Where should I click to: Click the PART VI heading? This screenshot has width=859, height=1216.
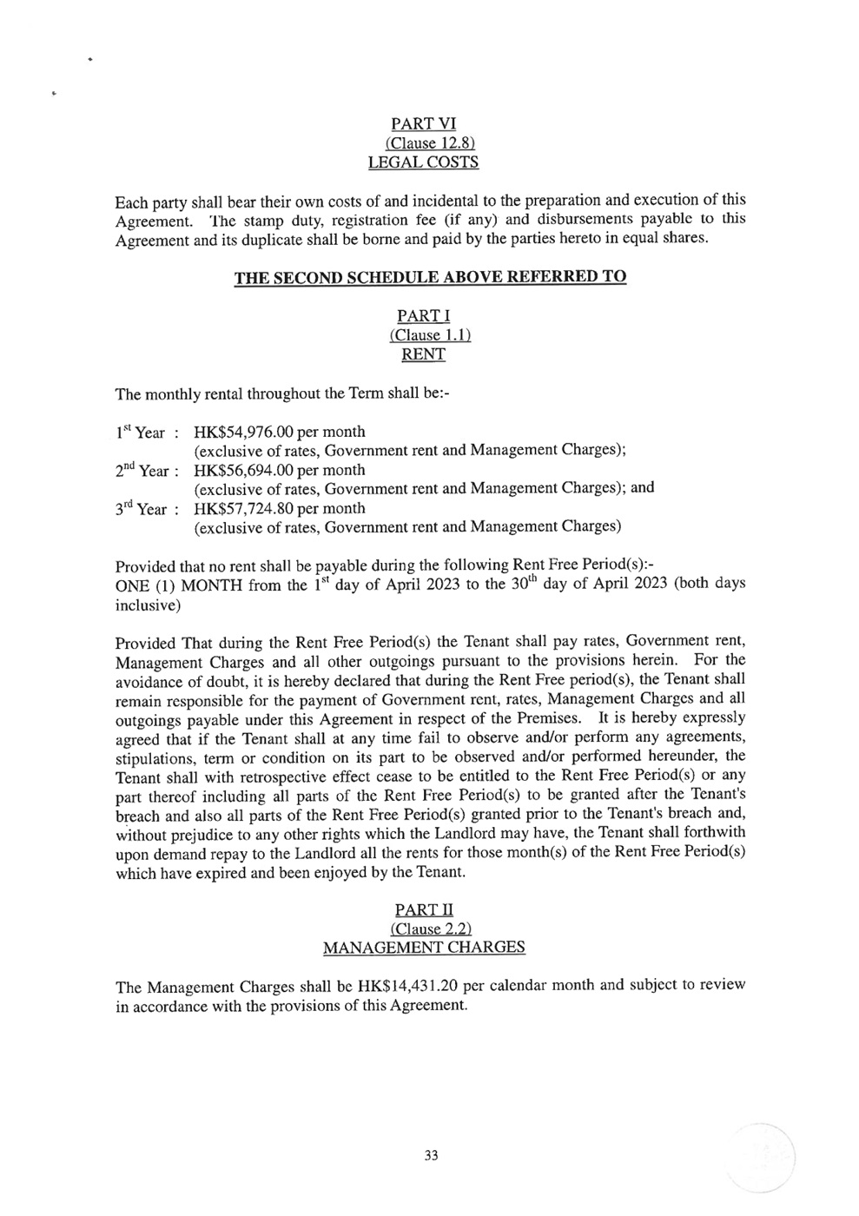click(423, 124)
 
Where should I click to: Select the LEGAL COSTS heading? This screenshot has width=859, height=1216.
click(423, 162)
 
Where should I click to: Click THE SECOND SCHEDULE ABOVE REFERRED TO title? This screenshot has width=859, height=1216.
click(430, 277)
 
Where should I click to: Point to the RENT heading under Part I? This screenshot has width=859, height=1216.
click(423, 354)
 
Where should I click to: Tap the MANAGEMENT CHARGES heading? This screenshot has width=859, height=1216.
click(423, 948)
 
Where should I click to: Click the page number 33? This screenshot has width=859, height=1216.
click(431, 1155)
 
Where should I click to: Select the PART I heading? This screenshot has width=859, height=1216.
click(423, 316)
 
